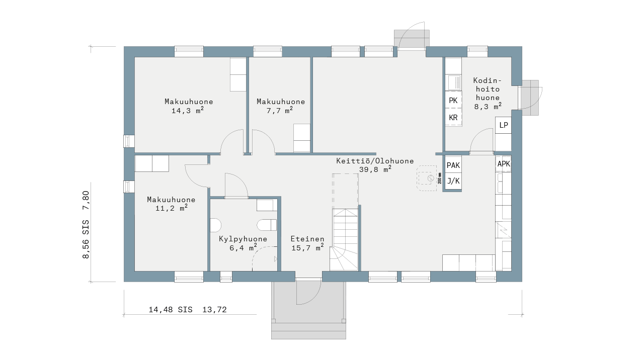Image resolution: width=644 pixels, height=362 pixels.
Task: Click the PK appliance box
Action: pos(453,100)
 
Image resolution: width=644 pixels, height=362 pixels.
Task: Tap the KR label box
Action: pos(453,117)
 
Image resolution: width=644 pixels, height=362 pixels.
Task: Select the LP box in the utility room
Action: pos(504,125)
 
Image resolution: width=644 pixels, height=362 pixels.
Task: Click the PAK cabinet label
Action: pos(453,165)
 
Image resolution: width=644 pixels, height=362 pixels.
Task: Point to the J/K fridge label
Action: pos(453,181)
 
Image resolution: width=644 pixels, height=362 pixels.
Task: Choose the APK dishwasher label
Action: pos(504,164)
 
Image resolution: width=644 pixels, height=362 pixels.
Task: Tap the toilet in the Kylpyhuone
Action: pos(267,225)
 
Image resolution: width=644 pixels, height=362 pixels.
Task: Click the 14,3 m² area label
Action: pos(188,110)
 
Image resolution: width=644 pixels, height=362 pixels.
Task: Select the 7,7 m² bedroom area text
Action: pos(279,110)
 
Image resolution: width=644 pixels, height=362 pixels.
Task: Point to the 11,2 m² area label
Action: pos(172,208)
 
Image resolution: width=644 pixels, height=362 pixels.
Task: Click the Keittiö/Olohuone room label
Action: pos(375,161)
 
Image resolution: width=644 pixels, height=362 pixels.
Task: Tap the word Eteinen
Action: pos(307,239)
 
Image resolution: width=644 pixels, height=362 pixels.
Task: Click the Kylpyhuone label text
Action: pos(243,239)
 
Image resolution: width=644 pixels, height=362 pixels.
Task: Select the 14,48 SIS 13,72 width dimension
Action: pos(188,310)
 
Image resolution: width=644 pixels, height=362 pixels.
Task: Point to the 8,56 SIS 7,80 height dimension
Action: pos(86,225)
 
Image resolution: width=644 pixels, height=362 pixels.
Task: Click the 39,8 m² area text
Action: pos(375,169)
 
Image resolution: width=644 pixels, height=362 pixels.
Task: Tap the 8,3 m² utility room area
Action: pos(488,107)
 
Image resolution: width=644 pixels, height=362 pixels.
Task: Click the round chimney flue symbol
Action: pos(430,178)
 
